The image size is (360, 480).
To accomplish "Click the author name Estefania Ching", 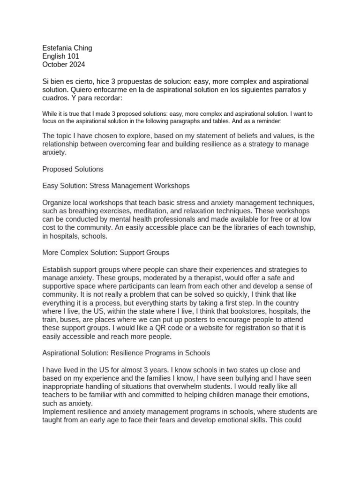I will [67, 48].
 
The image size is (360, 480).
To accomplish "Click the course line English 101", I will [60, 56].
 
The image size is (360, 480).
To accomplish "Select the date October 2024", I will [64, 65].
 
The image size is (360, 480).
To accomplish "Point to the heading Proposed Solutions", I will [73, 169].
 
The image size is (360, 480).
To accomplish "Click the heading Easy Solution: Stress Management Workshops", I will [116, 186].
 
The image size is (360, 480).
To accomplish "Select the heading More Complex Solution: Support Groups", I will [105, 253].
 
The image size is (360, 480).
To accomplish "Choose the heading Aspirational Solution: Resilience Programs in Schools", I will [126, 353].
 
